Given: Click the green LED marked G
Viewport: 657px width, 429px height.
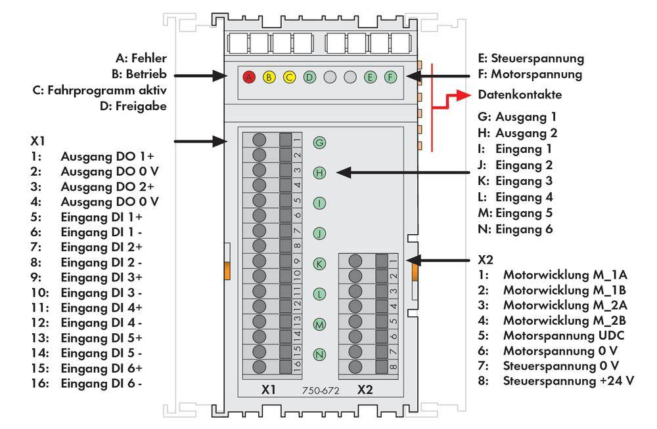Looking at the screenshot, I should click(319, 142).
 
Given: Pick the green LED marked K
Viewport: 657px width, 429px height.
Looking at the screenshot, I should click(319, 264).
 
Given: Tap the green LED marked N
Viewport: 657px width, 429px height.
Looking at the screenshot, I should click(319, 354).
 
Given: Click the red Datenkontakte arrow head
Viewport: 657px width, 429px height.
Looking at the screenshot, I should click(467, 94).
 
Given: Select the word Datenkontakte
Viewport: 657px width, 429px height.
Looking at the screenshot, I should click(520, 94).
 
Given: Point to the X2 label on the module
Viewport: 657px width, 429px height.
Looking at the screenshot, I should click(365, 389).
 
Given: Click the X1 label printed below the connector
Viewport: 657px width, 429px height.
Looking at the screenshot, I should click(268, 389).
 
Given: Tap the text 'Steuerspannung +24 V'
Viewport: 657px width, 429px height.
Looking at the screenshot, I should click(568, 380).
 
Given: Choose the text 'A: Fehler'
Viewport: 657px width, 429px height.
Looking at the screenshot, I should click(141, 58).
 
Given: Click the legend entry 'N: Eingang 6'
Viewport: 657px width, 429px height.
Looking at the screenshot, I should click(516, 230).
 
